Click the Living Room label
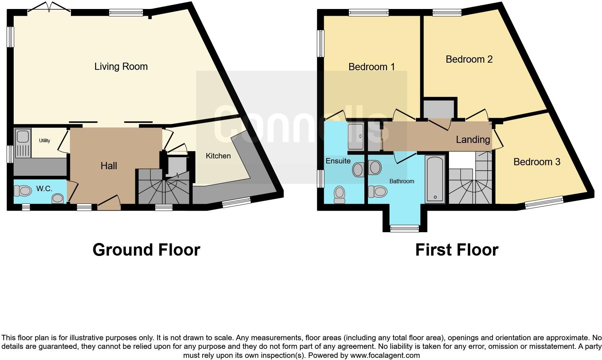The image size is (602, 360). coord(121,67)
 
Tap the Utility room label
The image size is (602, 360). coord(45,141)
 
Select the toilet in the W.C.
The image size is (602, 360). coord(23,190)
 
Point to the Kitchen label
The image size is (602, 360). coord(218,156)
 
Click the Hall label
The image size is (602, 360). coord(109,166)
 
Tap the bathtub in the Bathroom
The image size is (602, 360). coord(435,179)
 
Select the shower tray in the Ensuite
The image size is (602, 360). coord(356,136)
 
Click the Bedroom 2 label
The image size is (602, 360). coord(469,59)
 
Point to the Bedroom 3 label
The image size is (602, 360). coord(536,162)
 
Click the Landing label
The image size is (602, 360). coord(473,140)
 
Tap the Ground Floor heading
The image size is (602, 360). coord(146,250)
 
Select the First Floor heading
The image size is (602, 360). coord(457,250)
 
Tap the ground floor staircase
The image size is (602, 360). coord(164,187)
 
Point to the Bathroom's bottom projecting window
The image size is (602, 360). coord(405,228)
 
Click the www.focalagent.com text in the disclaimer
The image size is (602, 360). coord(385,355)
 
